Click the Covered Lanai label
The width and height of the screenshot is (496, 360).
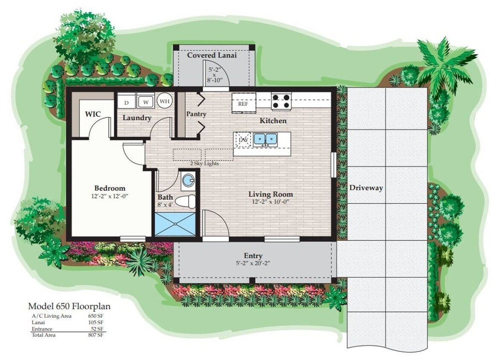(212, 55)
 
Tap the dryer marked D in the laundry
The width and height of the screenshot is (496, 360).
(126, 102)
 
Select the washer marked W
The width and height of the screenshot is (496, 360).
(145, 102)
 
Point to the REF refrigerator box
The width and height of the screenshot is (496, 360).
(242, 104)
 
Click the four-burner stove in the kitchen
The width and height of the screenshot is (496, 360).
(281, 101)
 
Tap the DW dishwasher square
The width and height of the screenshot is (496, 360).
(243, 140)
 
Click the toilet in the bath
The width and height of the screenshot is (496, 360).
(186, 200)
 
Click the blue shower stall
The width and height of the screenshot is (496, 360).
(175, 224)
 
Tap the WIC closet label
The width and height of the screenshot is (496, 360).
(93, 114)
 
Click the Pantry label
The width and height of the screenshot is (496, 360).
(196, 114)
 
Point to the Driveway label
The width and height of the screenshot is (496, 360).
(366, 188)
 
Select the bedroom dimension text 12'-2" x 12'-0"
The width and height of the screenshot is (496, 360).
(110, 196)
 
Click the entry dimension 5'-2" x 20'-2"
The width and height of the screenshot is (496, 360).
(253, 263)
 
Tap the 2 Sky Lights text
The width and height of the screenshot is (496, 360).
(205, 163)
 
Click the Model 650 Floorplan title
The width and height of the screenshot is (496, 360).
(69, 306)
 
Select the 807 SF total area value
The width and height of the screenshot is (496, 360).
(97, 335)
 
